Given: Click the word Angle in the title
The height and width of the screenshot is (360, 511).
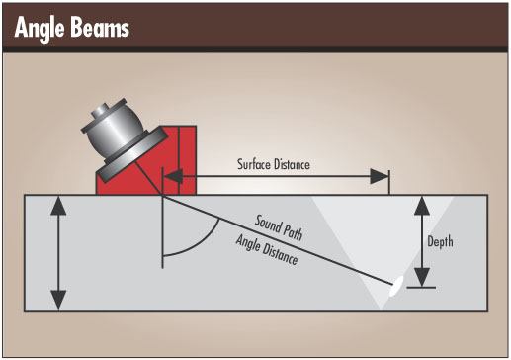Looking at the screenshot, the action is pyautogui.click(x=39, y=29).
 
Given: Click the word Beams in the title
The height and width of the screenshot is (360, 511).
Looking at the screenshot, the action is pyautogui.click(x=100, y=27).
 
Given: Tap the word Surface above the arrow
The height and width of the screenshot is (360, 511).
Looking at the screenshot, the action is pyautogui.click(x=254, y=164).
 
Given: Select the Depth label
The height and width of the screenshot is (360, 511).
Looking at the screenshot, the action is pyautogui.click(x=440, y=241).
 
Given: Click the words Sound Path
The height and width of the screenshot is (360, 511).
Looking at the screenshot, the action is pyautogui.click(x=279, y=227).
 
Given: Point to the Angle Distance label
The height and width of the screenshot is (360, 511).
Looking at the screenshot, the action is pyautogui.click(x=267, y=249).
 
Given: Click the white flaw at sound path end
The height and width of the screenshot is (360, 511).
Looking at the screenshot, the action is pyautogui.click(x=396, y=286).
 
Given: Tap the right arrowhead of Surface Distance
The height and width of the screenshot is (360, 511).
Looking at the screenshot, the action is pyautogui.click(x=380, y=176).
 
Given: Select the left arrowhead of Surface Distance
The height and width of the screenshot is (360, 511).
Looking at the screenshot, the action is pyautogui.click(x=173, y=176).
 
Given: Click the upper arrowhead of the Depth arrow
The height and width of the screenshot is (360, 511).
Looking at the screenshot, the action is pyautogui.click(x=422, y=206).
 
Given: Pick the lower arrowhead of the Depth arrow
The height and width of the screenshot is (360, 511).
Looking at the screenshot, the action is pyautogui.click(x=422, y=277).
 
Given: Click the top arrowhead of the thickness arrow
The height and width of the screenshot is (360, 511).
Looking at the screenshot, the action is pyautogui.click(x=58, y=206).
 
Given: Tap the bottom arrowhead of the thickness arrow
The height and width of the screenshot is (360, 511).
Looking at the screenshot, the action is pyautogui.click(x=58, y=300).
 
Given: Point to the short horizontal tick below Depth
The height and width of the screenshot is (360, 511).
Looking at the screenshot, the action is pyautogui.click(x=421, y=288).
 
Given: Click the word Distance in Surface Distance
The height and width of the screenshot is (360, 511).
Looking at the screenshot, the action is pyautogui.click(x=292, y=164).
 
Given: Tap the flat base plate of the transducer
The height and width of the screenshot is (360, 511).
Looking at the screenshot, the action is pyautogui.click(x=132, y=154).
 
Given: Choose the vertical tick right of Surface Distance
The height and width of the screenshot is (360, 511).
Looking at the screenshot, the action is pyautogui.click(x=389, y=182).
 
